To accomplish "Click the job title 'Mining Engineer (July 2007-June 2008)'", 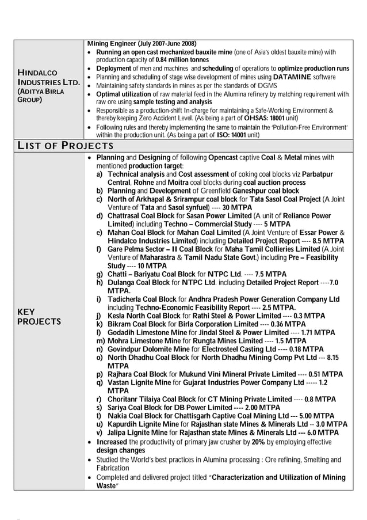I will coord(142,44).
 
